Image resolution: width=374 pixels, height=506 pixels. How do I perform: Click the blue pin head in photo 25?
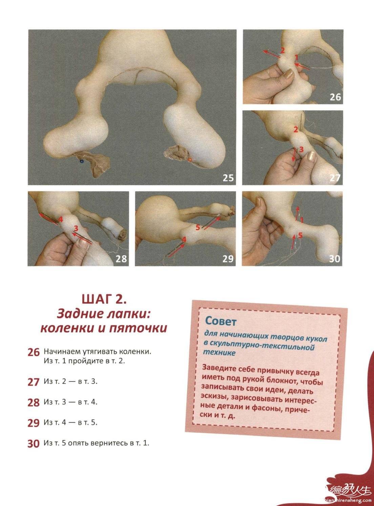[81, 161]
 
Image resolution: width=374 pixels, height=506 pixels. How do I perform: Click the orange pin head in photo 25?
[190, 160]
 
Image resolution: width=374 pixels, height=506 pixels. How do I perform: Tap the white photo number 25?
[228, 178]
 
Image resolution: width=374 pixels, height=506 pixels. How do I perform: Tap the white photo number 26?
[335, 97]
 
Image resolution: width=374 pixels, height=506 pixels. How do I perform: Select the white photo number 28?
[121, 259]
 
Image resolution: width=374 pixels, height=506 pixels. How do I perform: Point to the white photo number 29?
[228, 259]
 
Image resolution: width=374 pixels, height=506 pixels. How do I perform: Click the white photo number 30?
[335, 259]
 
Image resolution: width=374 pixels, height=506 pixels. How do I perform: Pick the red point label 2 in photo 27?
[296, 130]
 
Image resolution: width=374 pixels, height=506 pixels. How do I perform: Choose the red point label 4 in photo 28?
[61, 220]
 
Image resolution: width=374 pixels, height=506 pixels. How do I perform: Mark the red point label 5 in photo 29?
[198, 227]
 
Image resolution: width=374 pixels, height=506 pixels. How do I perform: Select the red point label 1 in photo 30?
[302, 220]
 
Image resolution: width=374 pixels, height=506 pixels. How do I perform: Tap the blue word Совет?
[221, 321]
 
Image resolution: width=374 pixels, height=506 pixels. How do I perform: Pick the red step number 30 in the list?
[34, 444]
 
